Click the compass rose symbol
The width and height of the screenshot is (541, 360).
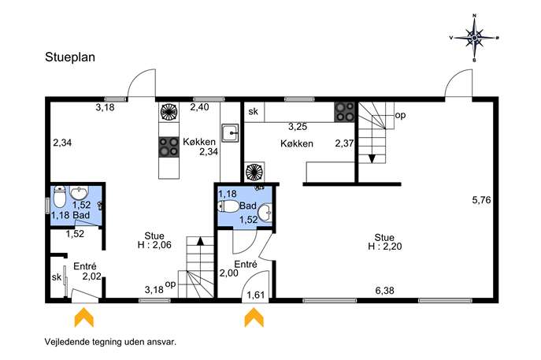474,38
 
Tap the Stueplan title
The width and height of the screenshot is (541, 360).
70,58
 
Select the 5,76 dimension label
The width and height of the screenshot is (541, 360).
481,200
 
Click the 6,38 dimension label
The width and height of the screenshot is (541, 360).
385,291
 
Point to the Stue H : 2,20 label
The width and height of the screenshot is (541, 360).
385,242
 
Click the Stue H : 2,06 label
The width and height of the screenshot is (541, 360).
154,240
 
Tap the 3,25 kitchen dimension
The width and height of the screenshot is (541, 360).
298,127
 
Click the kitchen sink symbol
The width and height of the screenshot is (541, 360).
230,132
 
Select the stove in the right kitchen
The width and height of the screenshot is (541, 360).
344,112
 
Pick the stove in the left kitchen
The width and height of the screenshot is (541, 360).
169,147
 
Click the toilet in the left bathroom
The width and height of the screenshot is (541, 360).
59,195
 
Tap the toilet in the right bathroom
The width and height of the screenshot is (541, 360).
228,206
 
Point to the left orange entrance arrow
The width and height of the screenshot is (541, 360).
84,317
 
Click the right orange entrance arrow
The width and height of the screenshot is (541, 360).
254,317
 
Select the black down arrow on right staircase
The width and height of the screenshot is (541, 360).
372,158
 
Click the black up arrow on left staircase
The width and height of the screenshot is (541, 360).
200,240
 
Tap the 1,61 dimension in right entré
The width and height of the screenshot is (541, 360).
256,295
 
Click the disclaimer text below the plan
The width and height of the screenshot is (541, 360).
110,342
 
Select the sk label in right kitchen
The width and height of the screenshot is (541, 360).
254,112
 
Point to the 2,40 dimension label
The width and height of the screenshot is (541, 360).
199,107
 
